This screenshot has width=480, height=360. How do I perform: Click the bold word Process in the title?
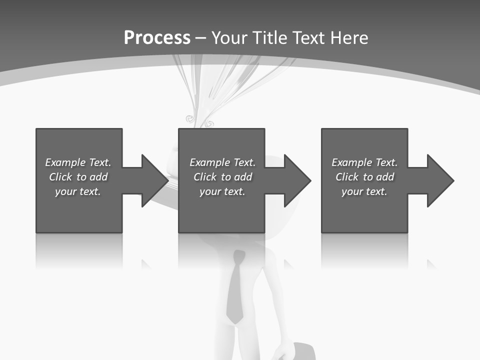157,38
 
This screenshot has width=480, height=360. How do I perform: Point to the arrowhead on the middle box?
296,180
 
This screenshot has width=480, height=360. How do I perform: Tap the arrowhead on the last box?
439,180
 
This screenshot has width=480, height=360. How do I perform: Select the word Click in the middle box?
204,177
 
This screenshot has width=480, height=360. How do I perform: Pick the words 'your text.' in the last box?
364,191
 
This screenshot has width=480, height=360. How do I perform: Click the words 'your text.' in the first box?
77,191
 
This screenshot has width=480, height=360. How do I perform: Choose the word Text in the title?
308,38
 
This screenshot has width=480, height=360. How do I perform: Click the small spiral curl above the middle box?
190,119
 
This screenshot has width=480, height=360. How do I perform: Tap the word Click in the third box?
346,177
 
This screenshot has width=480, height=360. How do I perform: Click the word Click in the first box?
59,177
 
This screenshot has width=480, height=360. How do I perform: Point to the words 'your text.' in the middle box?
222,191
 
